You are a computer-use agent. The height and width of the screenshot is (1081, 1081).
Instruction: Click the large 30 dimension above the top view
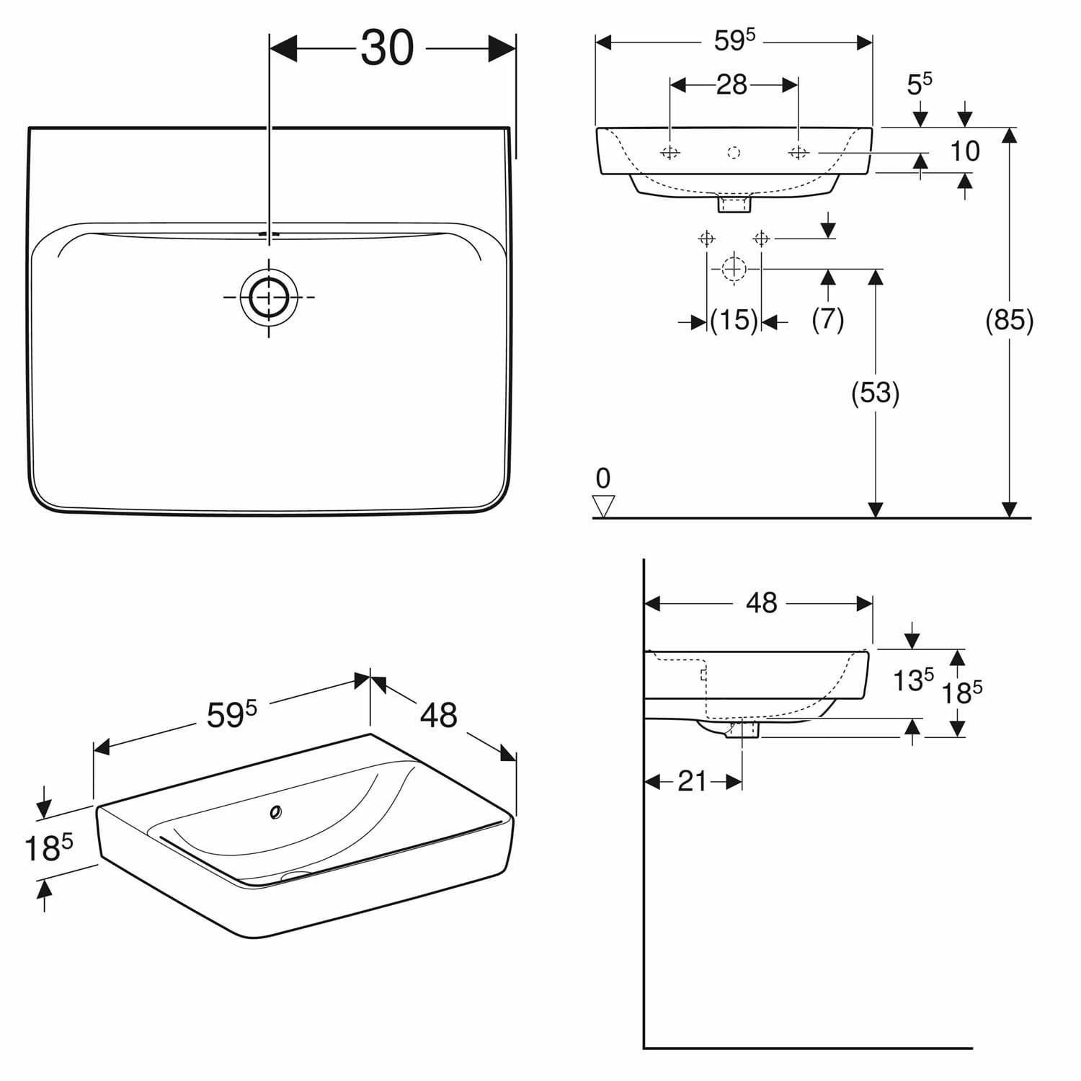tap(387, 48)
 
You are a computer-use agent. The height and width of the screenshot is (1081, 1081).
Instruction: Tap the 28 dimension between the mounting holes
tap(731, 85)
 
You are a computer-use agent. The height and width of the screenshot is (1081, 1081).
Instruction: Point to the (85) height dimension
tap(1009, 319)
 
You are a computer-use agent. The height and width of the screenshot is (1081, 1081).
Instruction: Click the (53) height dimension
tap(875, 393)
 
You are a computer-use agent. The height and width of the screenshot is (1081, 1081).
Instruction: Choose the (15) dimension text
tap(734, 320)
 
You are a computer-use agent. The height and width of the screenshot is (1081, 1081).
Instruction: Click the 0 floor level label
tap(603, 478)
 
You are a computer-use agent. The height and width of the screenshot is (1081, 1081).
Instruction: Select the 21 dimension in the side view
tap(693, 781)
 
